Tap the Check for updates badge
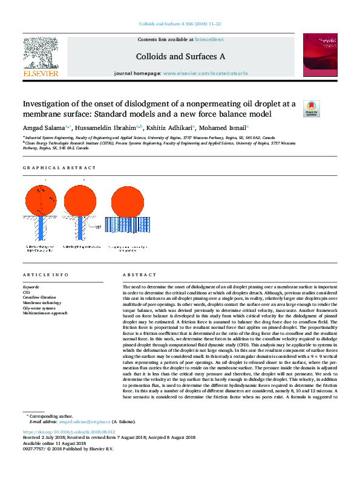[311, 108]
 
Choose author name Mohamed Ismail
[222, 128]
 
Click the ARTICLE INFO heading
[45, 275]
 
